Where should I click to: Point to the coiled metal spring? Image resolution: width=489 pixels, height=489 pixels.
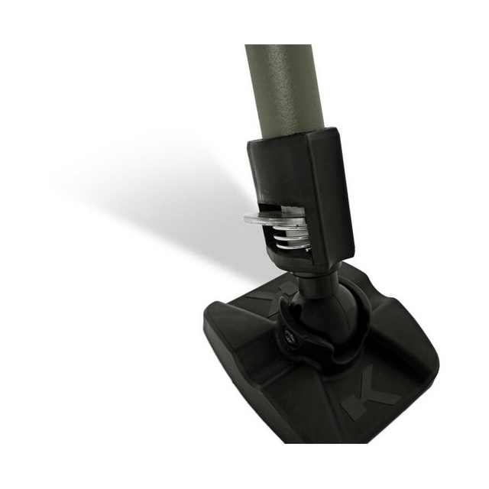tap(292, 237)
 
